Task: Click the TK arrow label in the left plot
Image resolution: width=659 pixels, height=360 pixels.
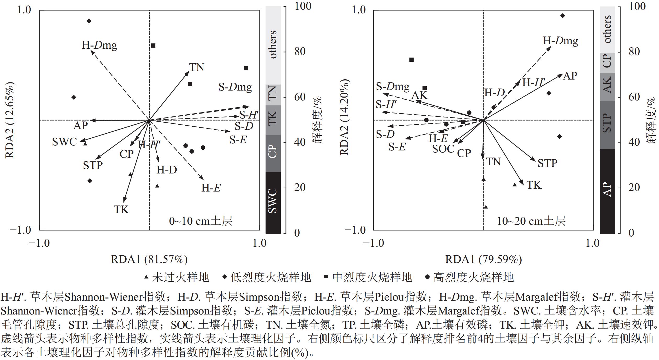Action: coord(121,210)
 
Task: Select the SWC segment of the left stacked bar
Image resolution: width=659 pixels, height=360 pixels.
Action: coord(273,202)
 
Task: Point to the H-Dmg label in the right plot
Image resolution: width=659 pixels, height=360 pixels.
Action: coord(560,41)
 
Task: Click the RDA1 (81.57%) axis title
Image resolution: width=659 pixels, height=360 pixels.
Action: coord(149,259)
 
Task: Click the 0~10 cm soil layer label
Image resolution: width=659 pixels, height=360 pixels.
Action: coord(201,221)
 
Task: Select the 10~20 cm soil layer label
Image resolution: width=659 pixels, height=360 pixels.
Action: coord(531,221)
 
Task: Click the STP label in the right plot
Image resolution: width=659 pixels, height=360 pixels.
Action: coord(547,163)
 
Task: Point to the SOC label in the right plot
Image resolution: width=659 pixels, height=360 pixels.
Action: coord(443,149)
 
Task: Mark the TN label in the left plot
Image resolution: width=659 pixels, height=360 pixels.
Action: coord(196,67)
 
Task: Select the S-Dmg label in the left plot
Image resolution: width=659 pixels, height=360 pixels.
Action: coord(235,87)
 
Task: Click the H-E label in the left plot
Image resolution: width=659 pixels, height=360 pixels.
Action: coord(211,188)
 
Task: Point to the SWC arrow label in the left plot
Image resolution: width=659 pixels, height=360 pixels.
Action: coord(64,142)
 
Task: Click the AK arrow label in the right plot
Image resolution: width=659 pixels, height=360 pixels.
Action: coord(419,95)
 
